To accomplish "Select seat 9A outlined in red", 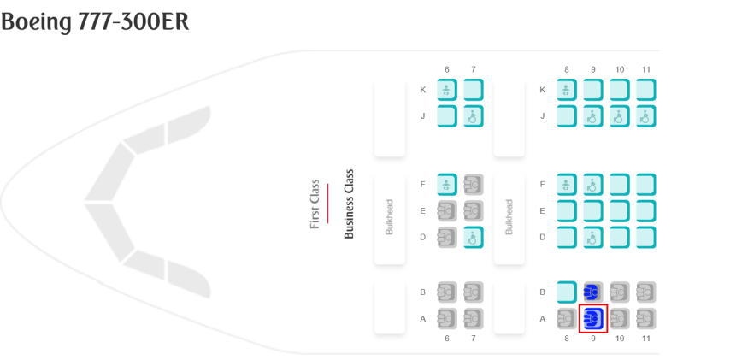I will [593, 319].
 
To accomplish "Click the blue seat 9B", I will [593, 292].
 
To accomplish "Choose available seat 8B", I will [567, 292].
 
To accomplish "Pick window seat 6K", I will [447, 90].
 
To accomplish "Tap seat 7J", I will [474, 116].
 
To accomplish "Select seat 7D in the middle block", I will [474, 237].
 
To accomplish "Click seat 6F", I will [447, 184].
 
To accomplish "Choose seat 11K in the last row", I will [646, 90].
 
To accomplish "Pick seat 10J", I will [620, 116].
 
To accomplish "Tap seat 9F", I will [593, 184].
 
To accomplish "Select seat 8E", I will [567, 210].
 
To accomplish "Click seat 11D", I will [646, 237].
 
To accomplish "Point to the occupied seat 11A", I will [646, 319].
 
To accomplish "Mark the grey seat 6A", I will [447, 319].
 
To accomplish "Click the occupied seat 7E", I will [474, 210].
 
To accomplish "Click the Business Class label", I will [349, 204].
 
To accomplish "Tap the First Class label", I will [315, 204].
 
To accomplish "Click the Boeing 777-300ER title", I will [95, 23].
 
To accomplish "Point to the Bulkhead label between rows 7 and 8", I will [510, 217].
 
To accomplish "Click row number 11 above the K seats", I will [646, 69].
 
